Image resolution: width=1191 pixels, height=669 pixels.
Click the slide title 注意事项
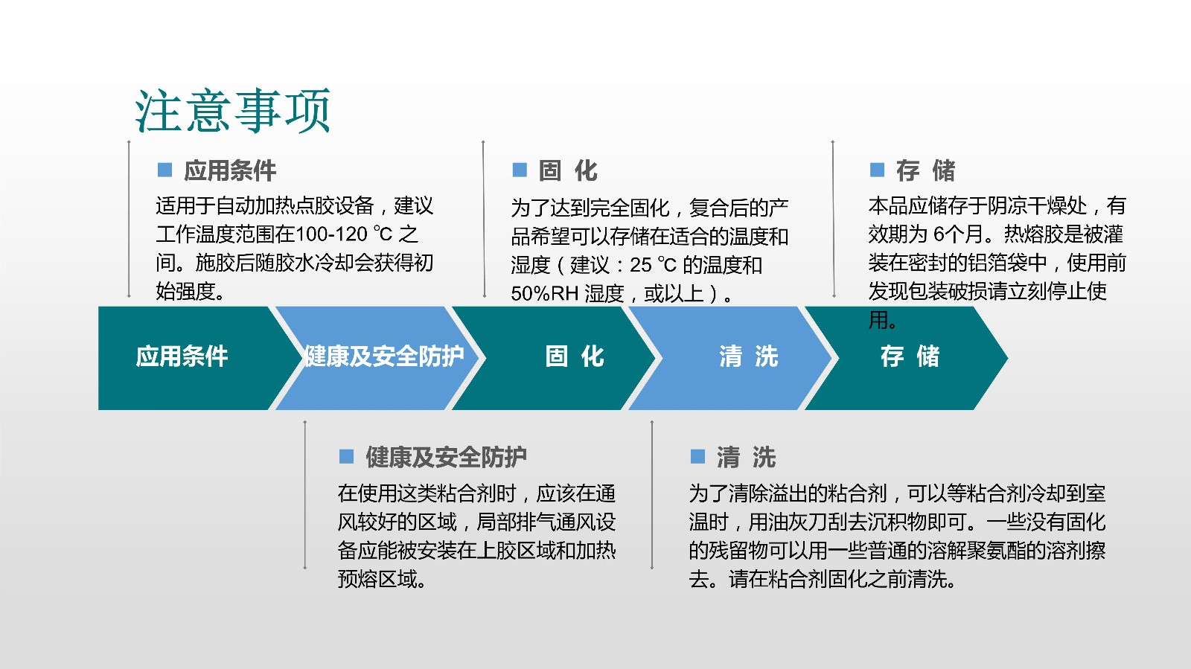click(232, 111)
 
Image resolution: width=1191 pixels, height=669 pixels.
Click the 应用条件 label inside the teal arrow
click(182, 356)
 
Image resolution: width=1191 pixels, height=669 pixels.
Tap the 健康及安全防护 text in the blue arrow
click(383, 356)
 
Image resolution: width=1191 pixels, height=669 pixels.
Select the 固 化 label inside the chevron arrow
click(575, 356)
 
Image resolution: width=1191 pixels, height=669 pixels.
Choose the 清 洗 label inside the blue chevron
click(749, 356)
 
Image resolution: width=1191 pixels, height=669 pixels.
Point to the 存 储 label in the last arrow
click(910, 356)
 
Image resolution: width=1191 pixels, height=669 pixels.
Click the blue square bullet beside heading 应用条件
click(165, 170)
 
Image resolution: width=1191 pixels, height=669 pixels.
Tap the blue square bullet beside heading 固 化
click(520, 170)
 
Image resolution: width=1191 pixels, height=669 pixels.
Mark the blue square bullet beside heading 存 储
click(878, 170)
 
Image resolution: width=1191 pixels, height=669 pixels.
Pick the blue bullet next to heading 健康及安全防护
click(347, 456)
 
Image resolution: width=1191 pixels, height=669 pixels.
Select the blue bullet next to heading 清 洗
click(697, 456)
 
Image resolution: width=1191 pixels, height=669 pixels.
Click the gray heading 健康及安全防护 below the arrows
click(446, 457)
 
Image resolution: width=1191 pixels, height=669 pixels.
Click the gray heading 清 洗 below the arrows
click(746, 457)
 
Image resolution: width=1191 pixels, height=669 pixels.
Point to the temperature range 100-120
click(331, 234)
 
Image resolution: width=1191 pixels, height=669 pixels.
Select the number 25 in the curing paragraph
click(641, 265)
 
